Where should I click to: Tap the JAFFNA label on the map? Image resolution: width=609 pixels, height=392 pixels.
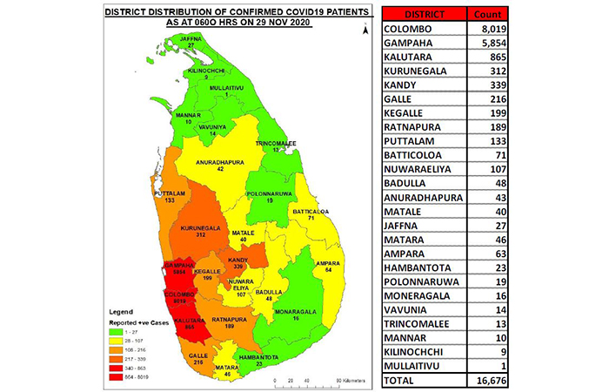[x=191, y=39]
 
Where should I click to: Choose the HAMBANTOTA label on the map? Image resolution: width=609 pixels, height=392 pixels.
[x=261, y=358]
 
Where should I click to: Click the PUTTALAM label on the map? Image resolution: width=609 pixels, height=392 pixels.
[x=168, y=193]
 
